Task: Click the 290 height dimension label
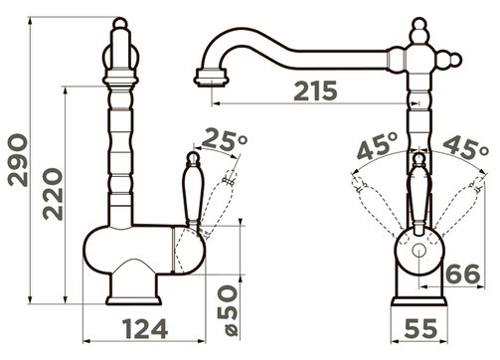click(x=18, y=160)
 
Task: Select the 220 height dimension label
click(x=53, y=194)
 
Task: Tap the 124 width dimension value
click(x=145, y=329)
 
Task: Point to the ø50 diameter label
click(x=228, y=310)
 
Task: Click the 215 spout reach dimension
click(x=315, y=90)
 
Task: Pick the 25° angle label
click(x=225, y=139)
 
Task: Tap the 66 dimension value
click(x=463, y=273)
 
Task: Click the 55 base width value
click(x=420, y=328)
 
